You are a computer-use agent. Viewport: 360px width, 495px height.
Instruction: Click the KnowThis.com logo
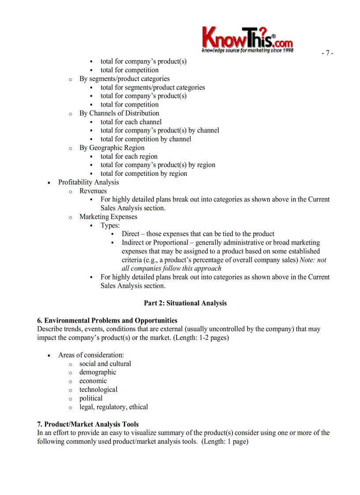tap(247, 40)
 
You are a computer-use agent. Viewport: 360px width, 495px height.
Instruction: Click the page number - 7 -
tap(327, 53)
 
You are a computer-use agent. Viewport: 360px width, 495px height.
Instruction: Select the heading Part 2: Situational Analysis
tap(185, 303)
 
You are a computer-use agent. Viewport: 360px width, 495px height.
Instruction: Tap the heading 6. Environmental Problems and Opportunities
tap(107, 320)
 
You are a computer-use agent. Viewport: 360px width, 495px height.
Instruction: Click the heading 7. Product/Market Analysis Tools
tap(88, 424)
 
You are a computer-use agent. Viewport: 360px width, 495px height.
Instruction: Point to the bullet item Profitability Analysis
tap(88, 182)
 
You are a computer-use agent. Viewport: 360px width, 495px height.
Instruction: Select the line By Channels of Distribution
tap(119, 113)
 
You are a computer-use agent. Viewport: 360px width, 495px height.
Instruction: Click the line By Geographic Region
tap(112, 148)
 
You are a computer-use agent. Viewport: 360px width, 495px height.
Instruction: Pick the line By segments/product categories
tap(124, 78)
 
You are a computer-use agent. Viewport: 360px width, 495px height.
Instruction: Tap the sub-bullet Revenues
tap(93, 191)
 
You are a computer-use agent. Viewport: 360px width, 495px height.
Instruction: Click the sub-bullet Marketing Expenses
tap(108, 217)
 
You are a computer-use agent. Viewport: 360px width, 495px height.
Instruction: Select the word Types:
tap(110, 225)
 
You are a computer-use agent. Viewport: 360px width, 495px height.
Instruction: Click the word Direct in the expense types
tap(131, 234)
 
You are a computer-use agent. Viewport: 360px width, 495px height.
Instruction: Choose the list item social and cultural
tap(105, 364)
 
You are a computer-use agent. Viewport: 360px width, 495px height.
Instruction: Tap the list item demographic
tap(97, 372)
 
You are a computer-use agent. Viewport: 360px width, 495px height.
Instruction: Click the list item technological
tap(98, 390)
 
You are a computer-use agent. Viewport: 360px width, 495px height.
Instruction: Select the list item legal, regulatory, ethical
tap(113, 407)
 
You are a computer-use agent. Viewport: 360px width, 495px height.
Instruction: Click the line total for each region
tap(129, 156)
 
